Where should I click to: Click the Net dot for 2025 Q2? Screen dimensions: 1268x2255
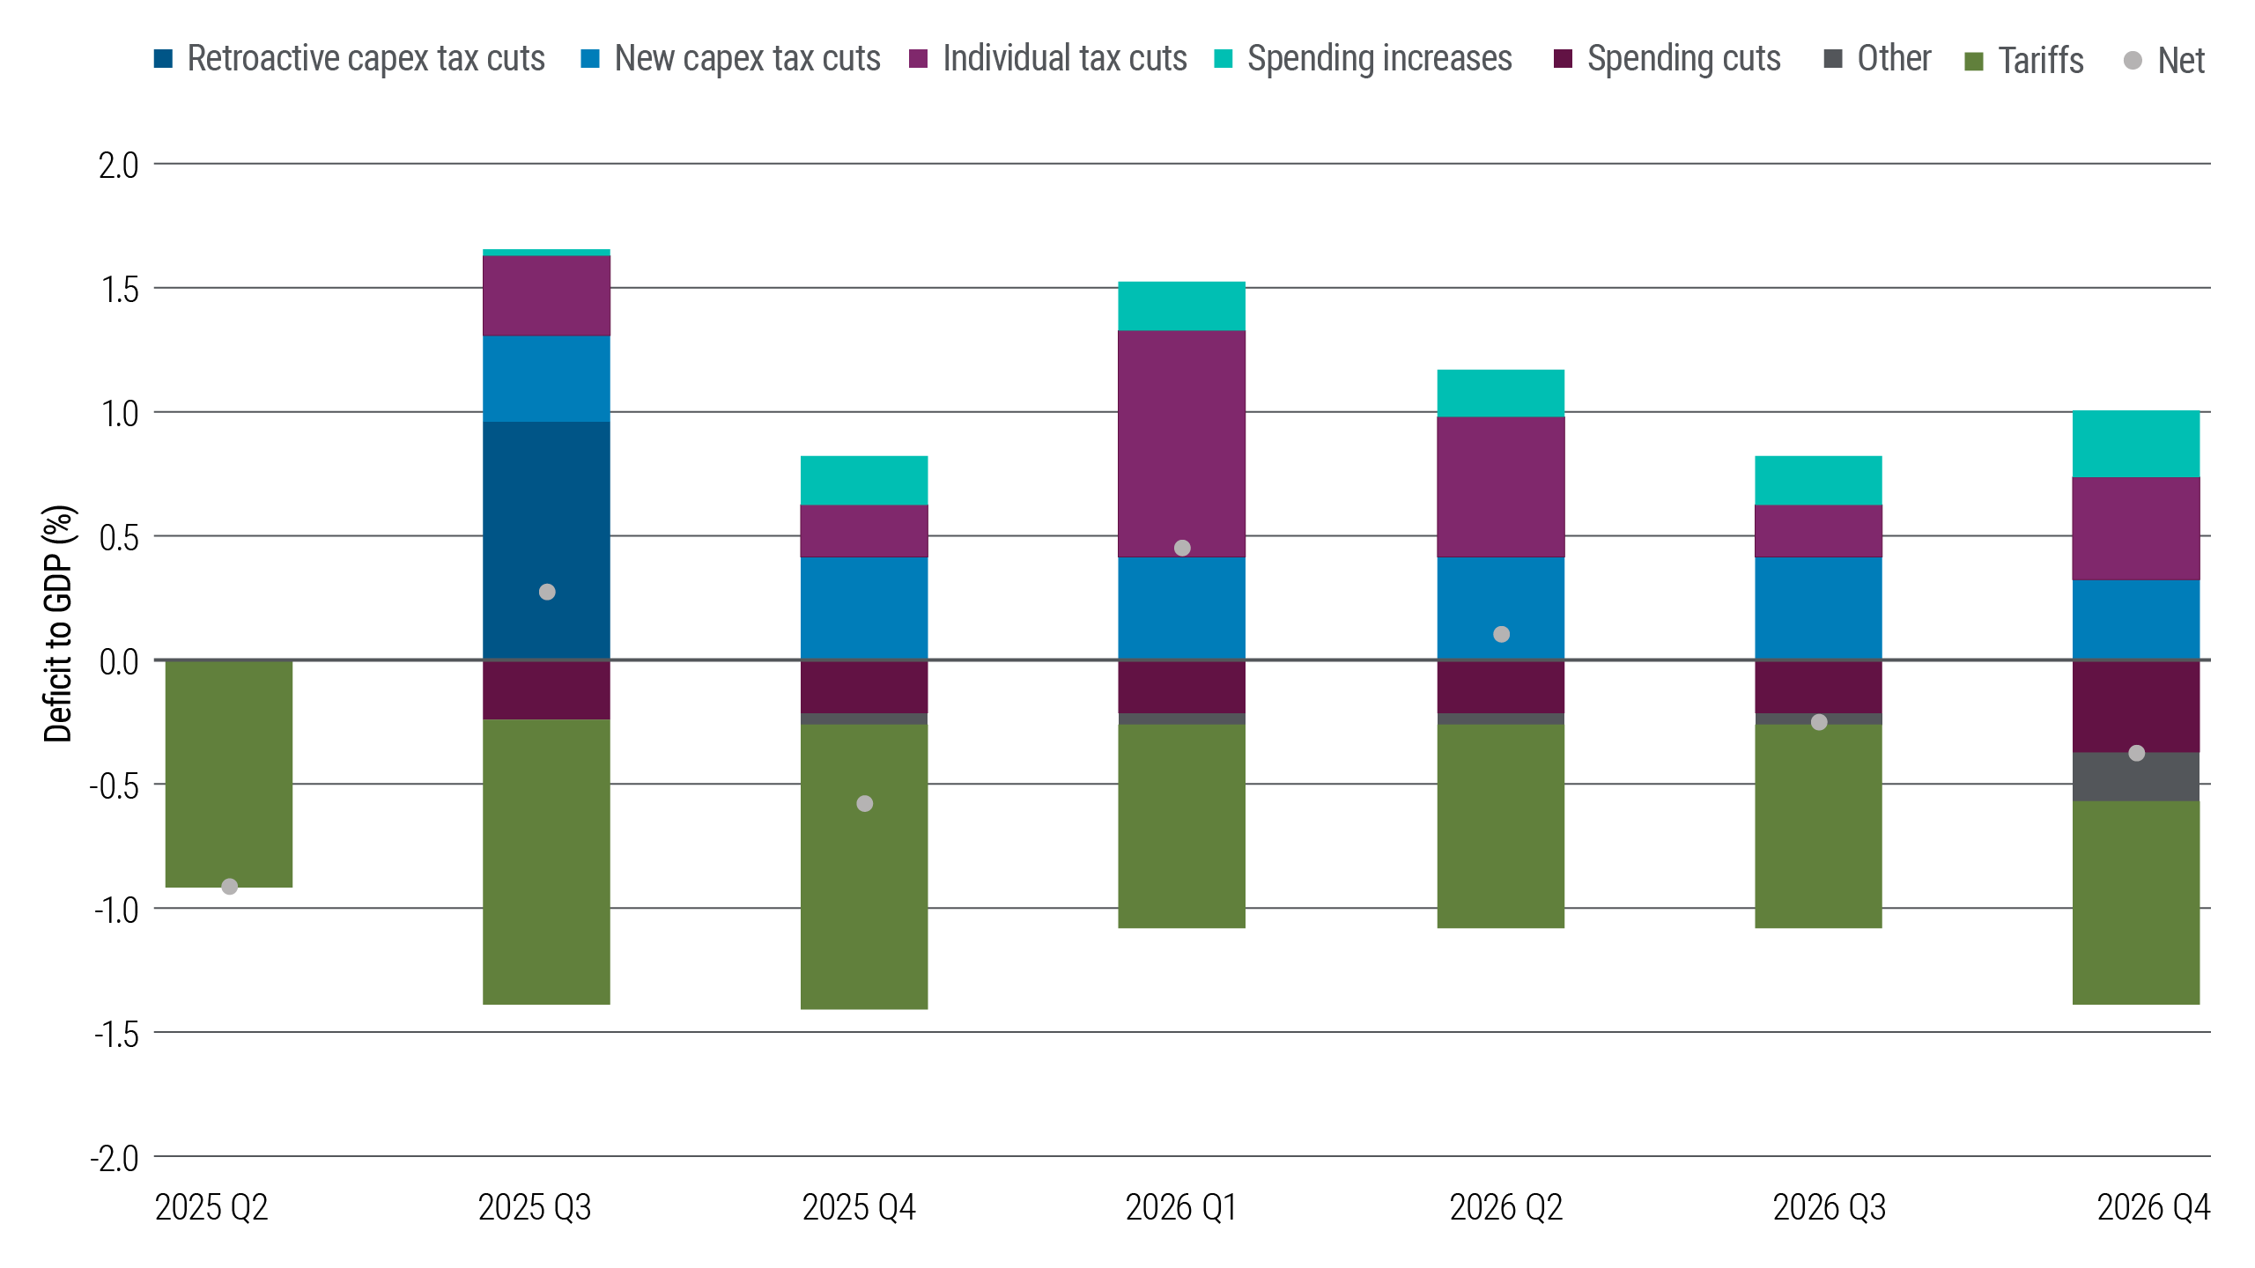[229, 887]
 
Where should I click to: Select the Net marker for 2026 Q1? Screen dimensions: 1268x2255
[1182, 548]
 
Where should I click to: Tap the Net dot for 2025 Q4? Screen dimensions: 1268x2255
[864, 804]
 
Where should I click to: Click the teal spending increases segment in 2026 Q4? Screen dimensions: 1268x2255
[2136, 444]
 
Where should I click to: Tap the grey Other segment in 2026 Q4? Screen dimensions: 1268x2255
[2136, 777]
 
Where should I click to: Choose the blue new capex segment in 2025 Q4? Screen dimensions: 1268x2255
[864, 608]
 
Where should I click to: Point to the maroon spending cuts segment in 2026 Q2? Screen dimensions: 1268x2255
[1501, 687]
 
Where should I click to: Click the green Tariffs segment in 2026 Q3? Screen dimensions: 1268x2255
[1818, 828]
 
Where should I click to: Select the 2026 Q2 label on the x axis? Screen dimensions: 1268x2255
[1505, 1207]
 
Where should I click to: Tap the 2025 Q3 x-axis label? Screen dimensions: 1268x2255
[535, 1207]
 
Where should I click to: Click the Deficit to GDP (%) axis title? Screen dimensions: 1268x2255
[59, 623]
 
